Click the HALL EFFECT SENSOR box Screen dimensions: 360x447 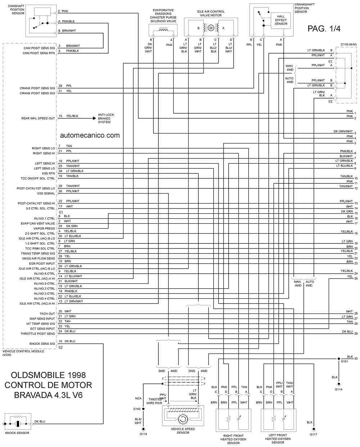(280, 20)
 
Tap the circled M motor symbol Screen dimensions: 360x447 (211, 28)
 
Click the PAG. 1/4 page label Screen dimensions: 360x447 (324, 29)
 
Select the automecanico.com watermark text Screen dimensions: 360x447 (90, 135)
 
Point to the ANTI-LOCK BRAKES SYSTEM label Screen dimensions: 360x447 (106, 118)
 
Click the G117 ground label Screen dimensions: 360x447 (314, 434)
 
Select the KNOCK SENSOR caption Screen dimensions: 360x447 (17, 433)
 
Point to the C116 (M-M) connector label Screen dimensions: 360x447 (348, 45)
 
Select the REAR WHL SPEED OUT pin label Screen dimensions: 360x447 (38, 118)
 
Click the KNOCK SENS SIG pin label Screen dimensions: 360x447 (42, 344)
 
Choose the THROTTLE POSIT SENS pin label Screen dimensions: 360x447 (38, 334)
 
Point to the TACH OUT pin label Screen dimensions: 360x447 (47, 314)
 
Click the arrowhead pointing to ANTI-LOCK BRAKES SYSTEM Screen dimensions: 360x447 (94, 118)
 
